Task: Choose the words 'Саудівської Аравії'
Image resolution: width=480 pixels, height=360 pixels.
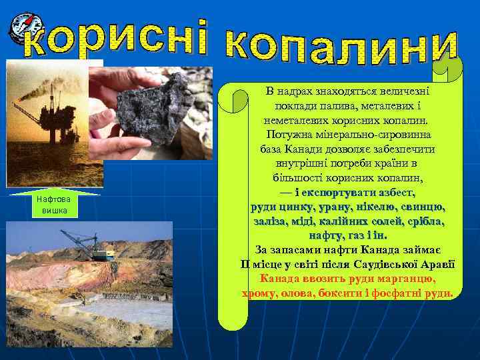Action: (408, 264)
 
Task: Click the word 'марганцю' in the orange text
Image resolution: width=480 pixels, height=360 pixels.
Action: (403, 278)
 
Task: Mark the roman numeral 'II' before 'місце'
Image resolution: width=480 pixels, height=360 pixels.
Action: (245, 264)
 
